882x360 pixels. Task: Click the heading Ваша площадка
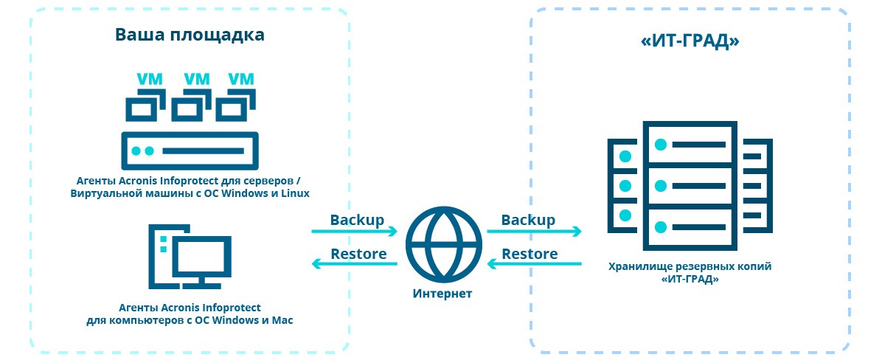pyautogui.click(x=190, y=35)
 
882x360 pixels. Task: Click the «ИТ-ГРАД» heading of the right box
pyautogui.click(x=690, y=42)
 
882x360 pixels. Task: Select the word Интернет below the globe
pyautogui.click(x=442, y=294)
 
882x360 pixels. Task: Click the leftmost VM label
pyautogui.click(x=149, y=79)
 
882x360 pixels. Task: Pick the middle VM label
pyautogui.click(x=196, y=79)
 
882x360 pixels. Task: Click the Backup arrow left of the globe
pyautogui.click(x=354, y=232)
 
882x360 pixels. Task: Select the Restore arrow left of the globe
pyautogui.click(x=354, y=264)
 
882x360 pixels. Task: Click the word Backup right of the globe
pyautogui.click(x=528, y=220)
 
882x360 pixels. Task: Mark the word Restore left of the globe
pyautogui.click(x=358, y=254)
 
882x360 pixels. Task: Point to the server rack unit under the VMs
pyautogui.click(x=190, y=150)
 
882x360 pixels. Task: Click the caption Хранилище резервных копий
pyautogui.click(x=690, y=267)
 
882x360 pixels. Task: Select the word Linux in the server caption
pyautogui.click(x=294, y=193)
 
